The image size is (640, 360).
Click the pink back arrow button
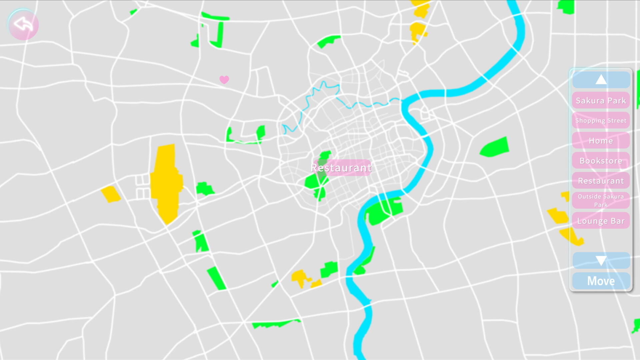(23, 25)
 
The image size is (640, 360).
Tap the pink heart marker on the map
(224, 80)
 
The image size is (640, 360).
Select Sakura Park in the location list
(601, 100)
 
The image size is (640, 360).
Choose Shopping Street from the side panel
(601, 120)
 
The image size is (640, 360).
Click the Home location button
(601, 141)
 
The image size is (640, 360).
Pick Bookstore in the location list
(601, 161)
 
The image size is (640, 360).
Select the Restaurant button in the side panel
(601, 181)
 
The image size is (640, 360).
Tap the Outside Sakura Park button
(601, 200)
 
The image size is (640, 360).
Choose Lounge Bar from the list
(601, 221)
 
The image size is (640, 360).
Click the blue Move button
(601, 281)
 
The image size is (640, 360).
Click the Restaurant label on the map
(341, 168)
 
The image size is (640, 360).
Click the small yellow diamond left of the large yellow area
(111, 194)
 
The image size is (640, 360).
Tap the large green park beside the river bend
(383, 210)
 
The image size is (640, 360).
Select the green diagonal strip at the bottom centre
(216, 278)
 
